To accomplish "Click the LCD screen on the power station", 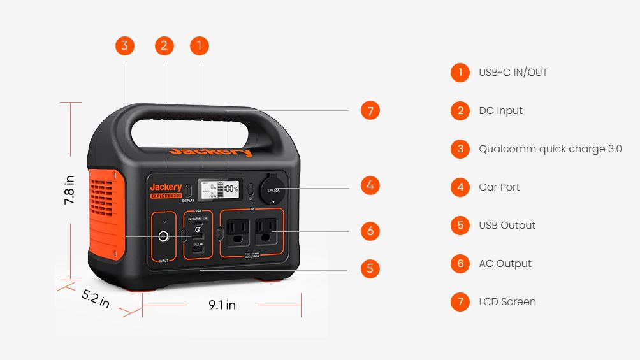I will (218, 189).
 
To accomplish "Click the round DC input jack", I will (164, 237).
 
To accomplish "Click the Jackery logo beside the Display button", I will (166, 187).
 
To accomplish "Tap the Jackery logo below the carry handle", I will (210, 152).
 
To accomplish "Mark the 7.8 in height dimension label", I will (69, 190).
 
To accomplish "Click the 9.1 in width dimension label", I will (222, 305).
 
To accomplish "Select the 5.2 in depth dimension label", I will (96, 298).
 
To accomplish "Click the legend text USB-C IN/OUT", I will (513, 73).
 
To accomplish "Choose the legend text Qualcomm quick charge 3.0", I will (550, 149).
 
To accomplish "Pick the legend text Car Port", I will (499, 187).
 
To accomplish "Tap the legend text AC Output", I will (505, 264).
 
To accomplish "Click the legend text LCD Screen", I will (507, 302).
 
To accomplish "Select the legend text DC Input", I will (500, 111).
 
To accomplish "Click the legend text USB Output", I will (507, 226).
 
